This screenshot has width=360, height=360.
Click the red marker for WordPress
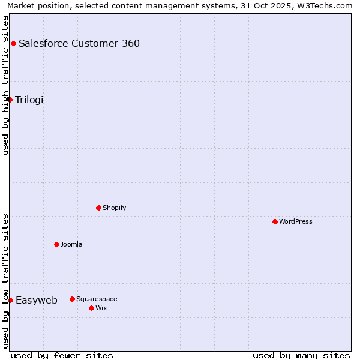click(x=275, y=221)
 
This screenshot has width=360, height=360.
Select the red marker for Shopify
click(x=98, y=208)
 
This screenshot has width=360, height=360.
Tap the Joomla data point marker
click(x=56, y=244)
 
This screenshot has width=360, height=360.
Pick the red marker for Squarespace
click(x=72, y=299)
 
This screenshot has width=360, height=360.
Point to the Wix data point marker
click(x=91, y=308)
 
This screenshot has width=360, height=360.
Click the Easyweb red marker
click(x=10, y=300)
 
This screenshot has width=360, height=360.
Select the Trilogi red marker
click(x=10, y=100)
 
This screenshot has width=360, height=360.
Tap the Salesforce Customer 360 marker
click(x=13, y=43)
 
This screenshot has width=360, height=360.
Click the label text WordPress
click(x=296, y=221)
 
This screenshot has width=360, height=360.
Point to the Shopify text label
click(x=114, y=208)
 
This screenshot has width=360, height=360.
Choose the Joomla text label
click(x=71, y=244)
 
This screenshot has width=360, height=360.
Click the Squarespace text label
click(x=97, y=299)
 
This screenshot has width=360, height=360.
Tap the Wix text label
click(x=101, y=308)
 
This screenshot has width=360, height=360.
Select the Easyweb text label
click(x=37, y=301)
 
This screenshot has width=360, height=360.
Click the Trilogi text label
click(x=29, y=100)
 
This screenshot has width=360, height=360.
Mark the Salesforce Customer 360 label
click(x=79, y=43)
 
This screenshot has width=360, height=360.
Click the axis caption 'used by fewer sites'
click(x=62, y=355)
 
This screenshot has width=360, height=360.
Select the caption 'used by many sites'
click(x=301, y=355)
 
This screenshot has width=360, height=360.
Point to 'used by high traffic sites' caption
click(x=5, y=85)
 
